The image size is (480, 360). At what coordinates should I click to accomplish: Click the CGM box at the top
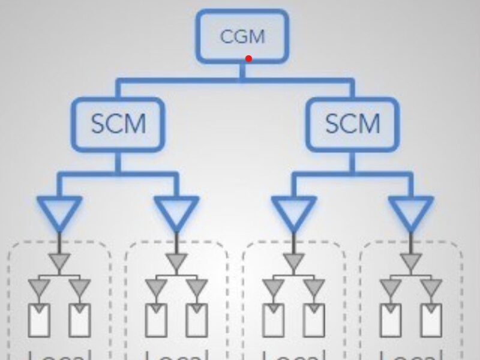point(242,36)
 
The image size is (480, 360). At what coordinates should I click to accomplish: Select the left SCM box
point(118,124)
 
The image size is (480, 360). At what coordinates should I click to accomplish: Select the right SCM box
point(352,124)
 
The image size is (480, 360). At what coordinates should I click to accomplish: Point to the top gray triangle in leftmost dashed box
point(59,261)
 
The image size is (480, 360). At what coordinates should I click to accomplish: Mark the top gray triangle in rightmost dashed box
point(411,261)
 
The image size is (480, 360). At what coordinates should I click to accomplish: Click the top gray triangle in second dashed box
point(176,261)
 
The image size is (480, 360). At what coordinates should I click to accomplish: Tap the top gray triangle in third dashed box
point(293,261)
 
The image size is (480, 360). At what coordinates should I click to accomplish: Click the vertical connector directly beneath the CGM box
point(242,71)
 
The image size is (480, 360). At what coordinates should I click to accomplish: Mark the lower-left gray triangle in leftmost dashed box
point(40,286)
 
